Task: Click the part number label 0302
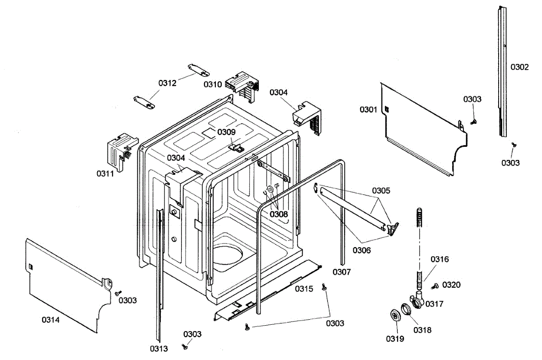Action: click(x=519, y=67)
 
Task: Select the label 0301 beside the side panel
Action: click(x=368, y=109)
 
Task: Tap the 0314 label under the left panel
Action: click(x=51, y=320)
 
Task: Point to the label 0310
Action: click(x=212, y=84)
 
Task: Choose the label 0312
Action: click(x=167, y=83)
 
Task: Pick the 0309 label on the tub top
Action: click(x=226, y=132)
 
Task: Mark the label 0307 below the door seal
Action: click(x=341, y=272)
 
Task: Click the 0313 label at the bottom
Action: click(x=159, y=349)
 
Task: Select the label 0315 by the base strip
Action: click(x=304, y=289)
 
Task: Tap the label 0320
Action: click(x=451, y=285)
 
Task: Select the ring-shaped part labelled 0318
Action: click(x=406, y=310)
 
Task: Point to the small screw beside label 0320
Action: click(x=435, y=285)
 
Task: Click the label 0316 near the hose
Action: click(x=439, y=259)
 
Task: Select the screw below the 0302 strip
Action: click(x=513, y=144)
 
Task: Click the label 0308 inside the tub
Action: click(x=279, y=214)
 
